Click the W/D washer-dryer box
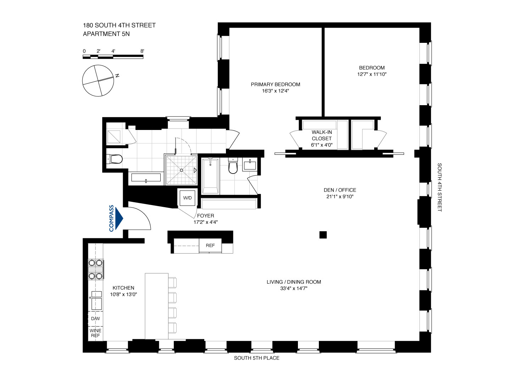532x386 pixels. pyautogui.click(x=187, y=198)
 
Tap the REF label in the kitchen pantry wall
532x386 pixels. pyautogui.click(x=210, y=245)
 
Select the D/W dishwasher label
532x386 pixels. pyautogui.click(x=95, y=319)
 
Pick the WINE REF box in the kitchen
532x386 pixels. pyautogui.click(x=95, y=333)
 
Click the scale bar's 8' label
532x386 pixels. pyautogui.click(x=142, y=51)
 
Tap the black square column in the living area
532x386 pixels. pyautogui.click(x=323, y=234)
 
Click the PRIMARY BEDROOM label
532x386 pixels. pyautogui.click(x=276, y=84)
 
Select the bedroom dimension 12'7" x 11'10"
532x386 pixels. pyautogui.click(x=372, y=74)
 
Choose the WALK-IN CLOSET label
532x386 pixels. pyautogui.click(x=322, y=135)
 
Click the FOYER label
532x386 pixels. pyautogui.click(x=206, y=216)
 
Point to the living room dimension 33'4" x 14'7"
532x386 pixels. pyautogui.click(x=294, y=289)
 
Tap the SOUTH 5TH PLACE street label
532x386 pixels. pyautogui.click(x=256, y=358)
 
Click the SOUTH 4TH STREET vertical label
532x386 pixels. pyautogui.click(x=439, y=187)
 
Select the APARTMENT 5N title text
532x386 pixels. pyautogui.click(x=106, y=34)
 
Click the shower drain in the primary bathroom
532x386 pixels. pyautogui.click(x=181, y=170)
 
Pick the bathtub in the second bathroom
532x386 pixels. pyautogui.click(x=210, y=176)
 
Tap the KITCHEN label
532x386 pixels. pyautogui.click(x=123, y=288)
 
